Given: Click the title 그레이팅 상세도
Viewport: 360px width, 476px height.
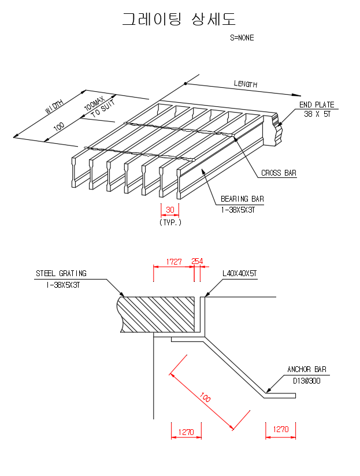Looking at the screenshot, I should pos(179,19).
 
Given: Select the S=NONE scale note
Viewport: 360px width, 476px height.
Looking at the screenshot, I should pos(242,38).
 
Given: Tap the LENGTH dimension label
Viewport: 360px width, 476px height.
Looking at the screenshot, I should pos(245,84).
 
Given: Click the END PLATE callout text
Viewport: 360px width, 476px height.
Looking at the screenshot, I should pos(316,105).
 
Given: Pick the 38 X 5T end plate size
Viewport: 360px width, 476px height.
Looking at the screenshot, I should pos(317,114).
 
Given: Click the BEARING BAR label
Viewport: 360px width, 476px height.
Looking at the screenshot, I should pos(242,199).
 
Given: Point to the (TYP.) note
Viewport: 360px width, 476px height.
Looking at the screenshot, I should pos(170,222).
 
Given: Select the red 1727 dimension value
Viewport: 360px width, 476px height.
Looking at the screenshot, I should pos(174,262).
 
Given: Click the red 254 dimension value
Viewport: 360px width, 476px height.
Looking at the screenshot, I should pos(197,262).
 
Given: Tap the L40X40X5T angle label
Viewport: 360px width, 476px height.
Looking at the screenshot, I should pos(239,274).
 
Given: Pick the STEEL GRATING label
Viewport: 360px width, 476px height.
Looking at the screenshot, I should pos(61,273).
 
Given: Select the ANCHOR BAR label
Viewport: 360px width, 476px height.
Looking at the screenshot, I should pos(307,370).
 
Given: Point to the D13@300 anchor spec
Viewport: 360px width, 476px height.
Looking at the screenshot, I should pos(307,381).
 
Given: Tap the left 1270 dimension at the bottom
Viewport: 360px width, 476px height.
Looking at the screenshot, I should pos(186,431).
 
